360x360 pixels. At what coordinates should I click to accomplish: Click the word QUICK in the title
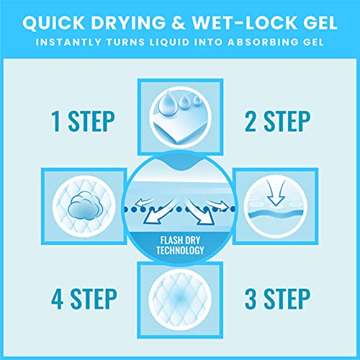53,22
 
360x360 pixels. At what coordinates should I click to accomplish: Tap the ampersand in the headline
178,22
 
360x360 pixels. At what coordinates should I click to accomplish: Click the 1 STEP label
83,122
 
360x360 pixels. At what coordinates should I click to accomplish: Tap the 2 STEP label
277,122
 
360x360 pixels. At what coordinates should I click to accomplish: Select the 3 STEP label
277,299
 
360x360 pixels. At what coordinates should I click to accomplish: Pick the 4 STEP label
84,299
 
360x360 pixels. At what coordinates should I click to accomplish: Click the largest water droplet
167,102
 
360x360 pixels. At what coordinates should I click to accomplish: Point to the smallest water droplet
197,100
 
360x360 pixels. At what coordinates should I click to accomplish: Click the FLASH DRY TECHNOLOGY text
180,246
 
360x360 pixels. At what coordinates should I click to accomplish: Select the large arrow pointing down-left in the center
159,212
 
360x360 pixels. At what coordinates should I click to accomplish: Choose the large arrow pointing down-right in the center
201,212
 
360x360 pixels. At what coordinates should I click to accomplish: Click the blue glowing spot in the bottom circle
180,298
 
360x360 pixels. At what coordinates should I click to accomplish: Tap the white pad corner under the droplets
178,130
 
